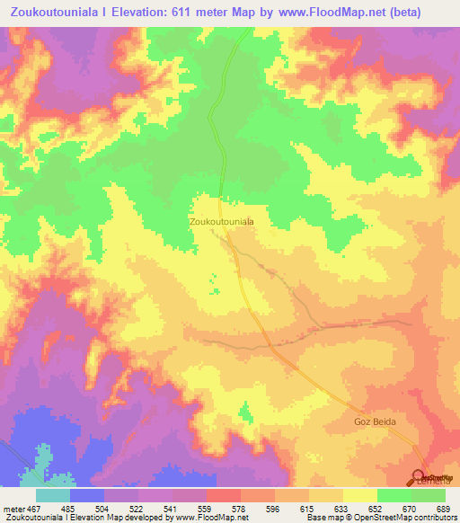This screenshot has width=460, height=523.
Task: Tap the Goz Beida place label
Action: (374, 421)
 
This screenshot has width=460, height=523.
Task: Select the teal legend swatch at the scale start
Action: (53, 495)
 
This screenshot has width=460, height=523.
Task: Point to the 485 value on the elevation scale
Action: (92, 509)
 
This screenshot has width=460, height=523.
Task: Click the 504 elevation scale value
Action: (125, 509)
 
